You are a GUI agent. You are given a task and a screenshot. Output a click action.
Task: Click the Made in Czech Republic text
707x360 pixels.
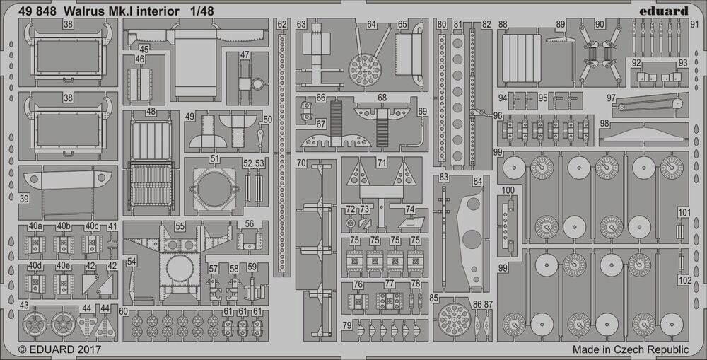tap(630, 349)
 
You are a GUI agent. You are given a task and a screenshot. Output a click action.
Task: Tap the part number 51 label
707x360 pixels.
tap(214, 159)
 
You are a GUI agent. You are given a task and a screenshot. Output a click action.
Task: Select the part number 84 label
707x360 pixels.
tap(478, 182)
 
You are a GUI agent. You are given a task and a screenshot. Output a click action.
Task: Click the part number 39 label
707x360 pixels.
tap(24, 199)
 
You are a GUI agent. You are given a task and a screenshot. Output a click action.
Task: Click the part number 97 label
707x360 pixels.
tap(612, 98)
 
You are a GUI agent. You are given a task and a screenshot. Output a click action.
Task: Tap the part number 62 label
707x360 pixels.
tap(283, 25)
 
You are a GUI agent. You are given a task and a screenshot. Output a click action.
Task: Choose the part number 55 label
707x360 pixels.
tap(180, 227)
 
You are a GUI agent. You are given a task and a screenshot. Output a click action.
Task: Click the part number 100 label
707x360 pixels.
tap(508, 190)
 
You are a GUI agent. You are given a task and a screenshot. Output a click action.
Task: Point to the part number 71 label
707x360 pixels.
tap(382, 163)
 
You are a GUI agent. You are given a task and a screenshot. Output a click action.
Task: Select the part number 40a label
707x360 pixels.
tap(35, 226)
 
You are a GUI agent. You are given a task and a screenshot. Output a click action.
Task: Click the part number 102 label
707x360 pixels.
tap(684, 279)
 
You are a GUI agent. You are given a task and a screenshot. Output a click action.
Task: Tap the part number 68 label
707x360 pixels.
tap(382, 98)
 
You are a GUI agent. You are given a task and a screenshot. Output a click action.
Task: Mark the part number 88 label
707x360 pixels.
tap(503, 25)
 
